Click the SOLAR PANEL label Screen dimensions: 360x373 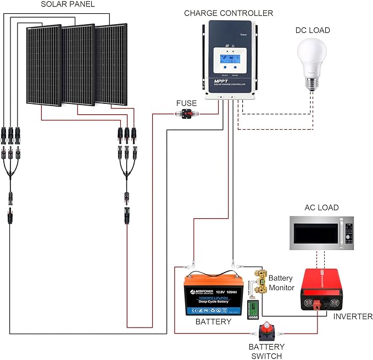pyautogui.click(x=68, y=4)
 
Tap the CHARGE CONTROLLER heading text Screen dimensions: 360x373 pyautogui.click(x=228, y=13)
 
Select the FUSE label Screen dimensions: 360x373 pyautogui.click(x=186, y=103)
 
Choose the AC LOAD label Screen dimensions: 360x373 pyautogui.click(x=321, y=208)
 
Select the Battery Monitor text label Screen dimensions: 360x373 pyautogui.click(x=281, y=283)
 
